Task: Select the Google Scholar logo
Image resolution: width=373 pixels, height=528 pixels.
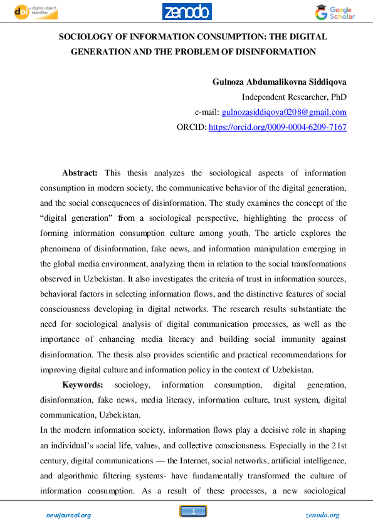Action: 335,13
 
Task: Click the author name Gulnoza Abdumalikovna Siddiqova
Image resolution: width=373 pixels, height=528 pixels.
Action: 280,82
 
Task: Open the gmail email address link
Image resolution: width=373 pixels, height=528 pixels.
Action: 284,112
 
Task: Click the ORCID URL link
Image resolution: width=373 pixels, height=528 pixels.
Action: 277,127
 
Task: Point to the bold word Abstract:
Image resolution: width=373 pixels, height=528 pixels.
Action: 80,172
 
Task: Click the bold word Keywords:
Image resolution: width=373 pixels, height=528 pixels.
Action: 83,384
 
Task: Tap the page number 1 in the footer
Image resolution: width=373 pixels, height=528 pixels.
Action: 194,512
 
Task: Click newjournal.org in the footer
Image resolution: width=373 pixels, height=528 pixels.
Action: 68,515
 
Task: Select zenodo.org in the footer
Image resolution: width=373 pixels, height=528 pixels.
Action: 322,515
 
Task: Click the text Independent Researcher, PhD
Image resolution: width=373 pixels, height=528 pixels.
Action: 294,97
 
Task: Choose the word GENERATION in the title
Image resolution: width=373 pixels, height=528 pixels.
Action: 100,51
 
